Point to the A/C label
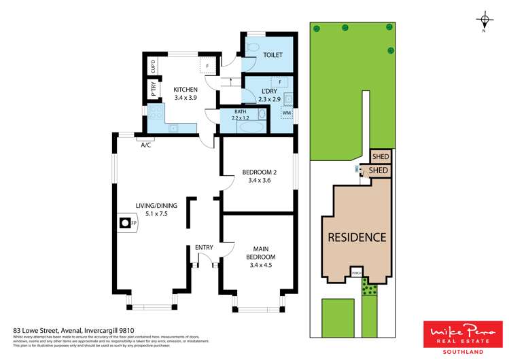145,145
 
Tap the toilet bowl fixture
251,47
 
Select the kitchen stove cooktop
155,113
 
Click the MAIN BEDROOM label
262,253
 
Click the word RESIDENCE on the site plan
357,237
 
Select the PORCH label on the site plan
355,273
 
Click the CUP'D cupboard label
153,67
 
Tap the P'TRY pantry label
153,90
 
